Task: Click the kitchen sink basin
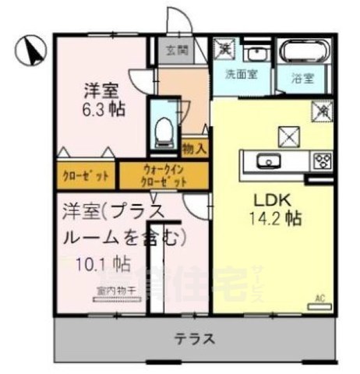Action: click(270, 161)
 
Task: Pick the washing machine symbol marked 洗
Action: click(224, 48)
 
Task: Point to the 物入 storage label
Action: click(194, 147)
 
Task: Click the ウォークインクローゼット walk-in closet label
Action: click(164, 175)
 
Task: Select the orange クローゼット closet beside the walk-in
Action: click(86, 175)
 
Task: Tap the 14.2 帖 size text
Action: click(266, 218)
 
